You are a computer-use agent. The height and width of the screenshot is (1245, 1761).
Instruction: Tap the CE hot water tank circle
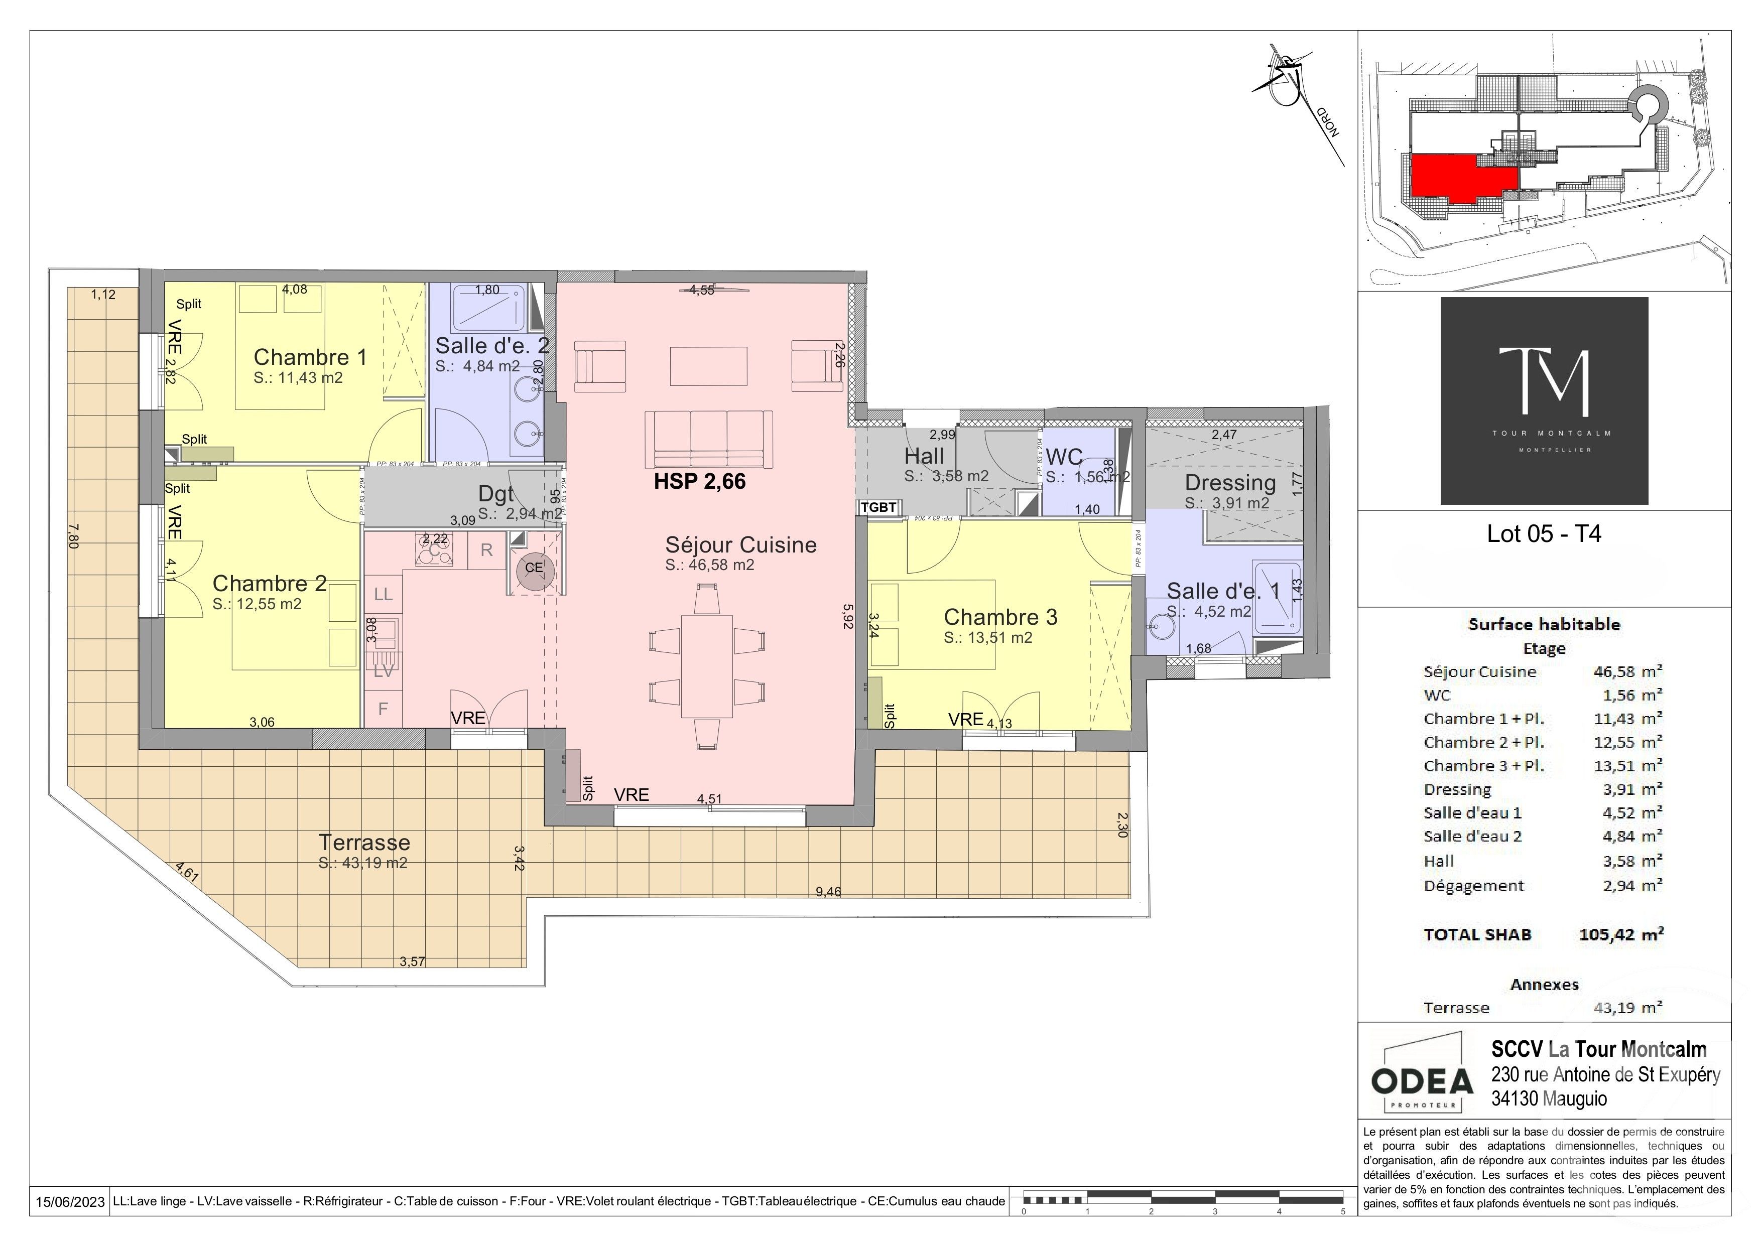tap(534, 568)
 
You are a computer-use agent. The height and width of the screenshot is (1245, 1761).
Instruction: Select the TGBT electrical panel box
tap(878, 507)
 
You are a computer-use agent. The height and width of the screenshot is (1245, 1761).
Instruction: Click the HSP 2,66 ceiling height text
tap(699, 481)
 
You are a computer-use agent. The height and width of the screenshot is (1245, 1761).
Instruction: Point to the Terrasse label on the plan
tap(364, 843)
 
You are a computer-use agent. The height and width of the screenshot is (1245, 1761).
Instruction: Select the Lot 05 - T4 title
tap(1544, 533)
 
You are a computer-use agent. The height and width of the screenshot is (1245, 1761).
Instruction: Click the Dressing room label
tap(1230, 483)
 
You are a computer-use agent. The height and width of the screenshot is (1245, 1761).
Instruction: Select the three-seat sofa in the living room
tap(708, 439)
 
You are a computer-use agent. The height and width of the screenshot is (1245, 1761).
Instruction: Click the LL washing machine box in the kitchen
tap(384, 594)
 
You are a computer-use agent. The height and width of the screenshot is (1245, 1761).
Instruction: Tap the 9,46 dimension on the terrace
tap(828, 892)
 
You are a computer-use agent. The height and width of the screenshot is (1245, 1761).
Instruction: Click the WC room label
tap(1064, 458)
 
